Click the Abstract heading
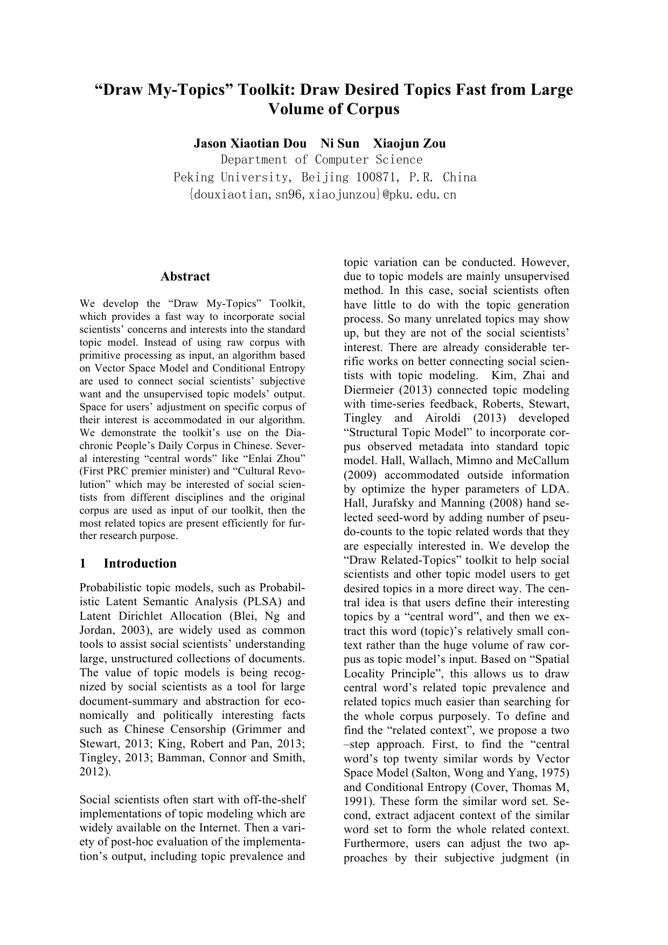click(185, 277)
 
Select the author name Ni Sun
click(339, 144)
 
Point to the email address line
click(322, 195)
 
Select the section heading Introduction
click(140, 563)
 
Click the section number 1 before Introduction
click(83, 563)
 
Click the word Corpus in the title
click(372, 109)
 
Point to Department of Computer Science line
click(322, 160)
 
